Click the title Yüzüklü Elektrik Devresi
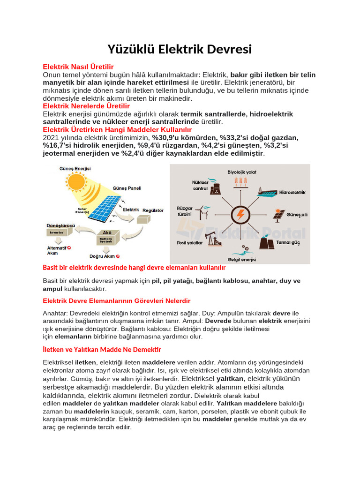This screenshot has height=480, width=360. tap(180, 49)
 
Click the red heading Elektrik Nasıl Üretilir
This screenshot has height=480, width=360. tap(78, 67)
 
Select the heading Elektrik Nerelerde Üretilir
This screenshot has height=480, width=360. tap(86, 106)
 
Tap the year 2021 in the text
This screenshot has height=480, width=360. tap(51, 138)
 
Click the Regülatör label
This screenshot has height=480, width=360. tap(153, 210)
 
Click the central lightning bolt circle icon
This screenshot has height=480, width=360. tap(240, 215)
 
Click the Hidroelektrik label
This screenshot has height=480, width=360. tap(292, 193)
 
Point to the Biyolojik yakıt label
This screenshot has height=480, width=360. tap(241, 172)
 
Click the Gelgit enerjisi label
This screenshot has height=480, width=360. tap(241, 259)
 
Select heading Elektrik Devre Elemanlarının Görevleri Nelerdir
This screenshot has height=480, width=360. tap(117, 300)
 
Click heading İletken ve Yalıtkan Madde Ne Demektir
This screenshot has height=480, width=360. tap(102, 350)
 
